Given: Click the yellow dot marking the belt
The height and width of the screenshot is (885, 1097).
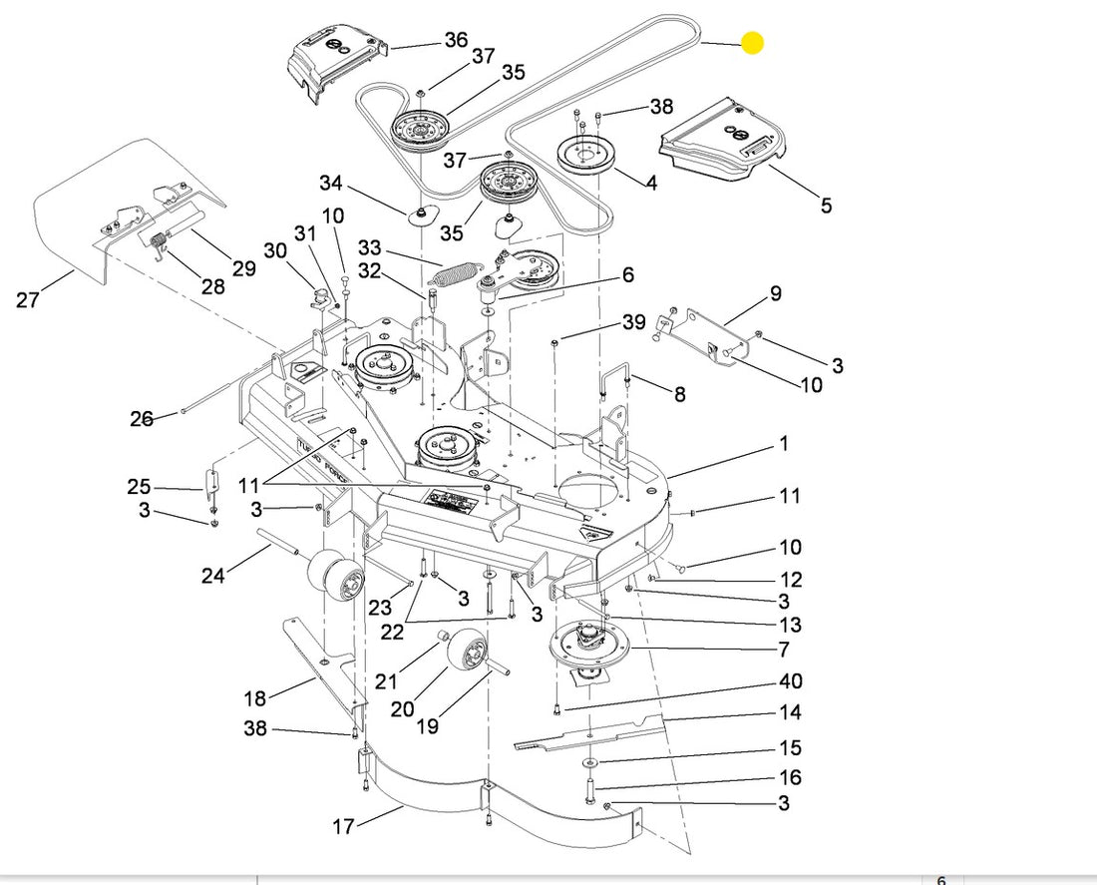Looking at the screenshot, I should pyautogui.click(x=752, y=43).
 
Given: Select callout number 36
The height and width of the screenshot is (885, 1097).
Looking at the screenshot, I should pyautogui.click(x=456, y=40).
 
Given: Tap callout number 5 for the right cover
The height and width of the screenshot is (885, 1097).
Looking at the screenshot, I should pyautogui.click(x=826, y=206).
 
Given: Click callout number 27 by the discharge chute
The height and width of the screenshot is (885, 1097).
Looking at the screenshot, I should pyautogui.click(x=27, y=298).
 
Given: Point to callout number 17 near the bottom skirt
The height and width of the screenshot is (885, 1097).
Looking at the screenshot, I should pyautogui.click(x=343, y=826).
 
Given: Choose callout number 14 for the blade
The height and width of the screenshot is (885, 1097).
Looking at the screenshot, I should pyautogui.click(x=790, y=712).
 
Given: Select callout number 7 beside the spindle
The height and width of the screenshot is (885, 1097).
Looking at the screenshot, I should pyautogui.click(x=784, y=650).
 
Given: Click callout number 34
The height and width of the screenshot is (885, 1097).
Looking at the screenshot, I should pyautogui.click(x=331, y=184).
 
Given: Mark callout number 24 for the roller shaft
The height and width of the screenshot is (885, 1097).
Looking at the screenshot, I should pyautogui.click(x=213, y=575).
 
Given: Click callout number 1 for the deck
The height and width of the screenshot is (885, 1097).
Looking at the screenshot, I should pyautogui.click(x=784, y=442).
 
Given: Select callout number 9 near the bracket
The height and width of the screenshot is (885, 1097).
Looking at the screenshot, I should pyautogui.click(x=775, y=293).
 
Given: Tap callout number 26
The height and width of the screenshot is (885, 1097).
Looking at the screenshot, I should pyautogui.click(x=142, y=418).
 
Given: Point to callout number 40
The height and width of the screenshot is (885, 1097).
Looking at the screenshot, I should pyautogui.click(x=790, y=681).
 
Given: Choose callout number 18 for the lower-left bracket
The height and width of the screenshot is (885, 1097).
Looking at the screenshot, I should pyautogui.click(x=255, y=697).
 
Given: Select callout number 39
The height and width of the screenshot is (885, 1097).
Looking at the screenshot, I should pyautogui.click(x=634, y=322).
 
